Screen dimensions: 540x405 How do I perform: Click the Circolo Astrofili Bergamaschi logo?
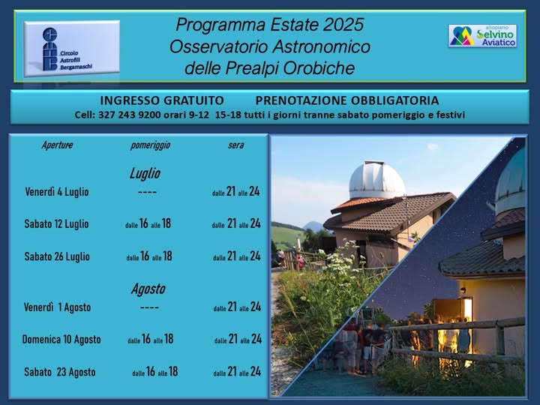click(72, 49)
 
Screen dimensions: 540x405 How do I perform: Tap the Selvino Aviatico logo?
click(482, 36)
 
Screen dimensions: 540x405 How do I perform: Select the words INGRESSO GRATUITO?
click(162, 100)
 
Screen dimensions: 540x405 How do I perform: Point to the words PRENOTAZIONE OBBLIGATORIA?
click(347, 100)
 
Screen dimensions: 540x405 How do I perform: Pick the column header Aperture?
click(57, 145)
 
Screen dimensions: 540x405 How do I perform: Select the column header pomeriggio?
click(150, 145)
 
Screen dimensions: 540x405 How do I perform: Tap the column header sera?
click(236, 145)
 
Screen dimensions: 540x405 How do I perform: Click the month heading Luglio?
click(145, 173)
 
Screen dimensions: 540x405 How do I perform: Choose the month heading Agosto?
click(148, 289)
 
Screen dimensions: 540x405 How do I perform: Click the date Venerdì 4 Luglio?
click(57, 192)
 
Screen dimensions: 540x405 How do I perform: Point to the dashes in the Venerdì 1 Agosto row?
click(149, 307)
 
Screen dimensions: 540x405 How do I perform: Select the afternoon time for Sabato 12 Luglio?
click(148, 223)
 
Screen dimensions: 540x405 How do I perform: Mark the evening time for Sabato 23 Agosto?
click(237, 371)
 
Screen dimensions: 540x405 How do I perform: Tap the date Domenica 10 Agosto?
click(61, 340)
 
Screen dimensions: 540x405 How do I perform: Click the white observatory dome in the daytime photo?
click(376, 180)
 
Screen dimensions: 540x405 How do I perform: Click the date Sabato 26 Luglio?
click(57, 256)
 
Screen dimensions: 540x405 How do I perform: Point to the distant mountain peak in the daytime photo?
click(313, 226)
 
